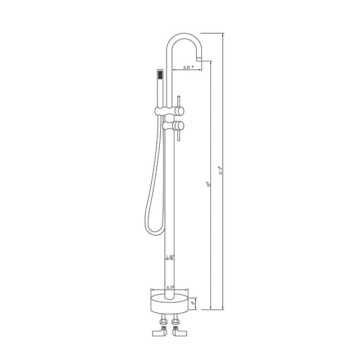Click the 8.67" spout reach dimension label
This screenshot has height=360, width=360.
point(188,67)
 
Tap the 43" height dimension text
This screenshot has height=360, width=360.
point(209,183)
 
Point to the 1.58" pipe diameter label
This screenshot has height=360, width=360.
point(169,258)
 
